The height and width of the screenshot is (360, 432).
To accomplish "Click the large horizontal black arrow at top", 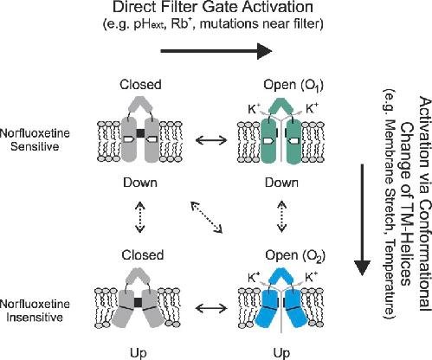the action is tap(216, 51).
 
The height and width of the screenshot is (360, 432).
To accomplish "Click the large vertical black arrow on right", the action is tap(362, 220).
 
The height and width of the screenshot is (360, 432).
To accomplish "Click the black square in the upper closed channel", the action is tap(140, 133).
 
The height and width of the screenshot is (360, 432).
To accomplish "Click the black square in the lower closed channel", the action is tap(139, 302).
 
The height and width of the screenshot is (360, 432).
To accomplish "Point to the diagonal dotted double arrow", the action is tap(206, 217).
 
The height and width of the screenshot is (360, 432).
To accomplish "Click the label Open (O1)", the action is tap(293, 85).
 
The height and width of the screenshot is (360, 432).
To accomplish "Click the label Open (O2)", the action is tap(295, 255).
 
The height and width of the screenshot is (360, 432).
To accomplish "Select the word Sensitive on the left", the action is tap(35, 146).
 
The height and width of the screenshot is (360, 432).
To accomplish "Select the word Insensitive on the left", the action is tap(35, 318).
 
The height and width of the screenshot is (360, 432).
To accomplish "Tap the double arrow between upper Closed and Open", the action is tap(211, 140).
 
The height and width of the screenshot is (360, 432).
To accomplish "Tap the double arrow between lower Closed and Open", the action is tap(211, 308).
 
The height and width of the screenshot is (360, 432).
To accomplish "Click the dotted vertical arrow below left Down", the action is tap(140, 217).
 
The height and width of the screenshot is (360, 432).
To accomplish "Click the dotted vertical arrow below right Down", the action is tap(281, 217).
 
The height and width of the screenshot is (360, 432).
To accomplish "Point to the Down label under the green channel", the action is tap(281, 183).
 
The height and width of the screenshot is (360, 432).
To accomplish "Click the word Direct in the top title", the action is tap(131, 7).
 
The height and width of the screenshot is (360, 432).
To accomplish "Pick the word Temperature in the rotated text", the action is tap(389, 277).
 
